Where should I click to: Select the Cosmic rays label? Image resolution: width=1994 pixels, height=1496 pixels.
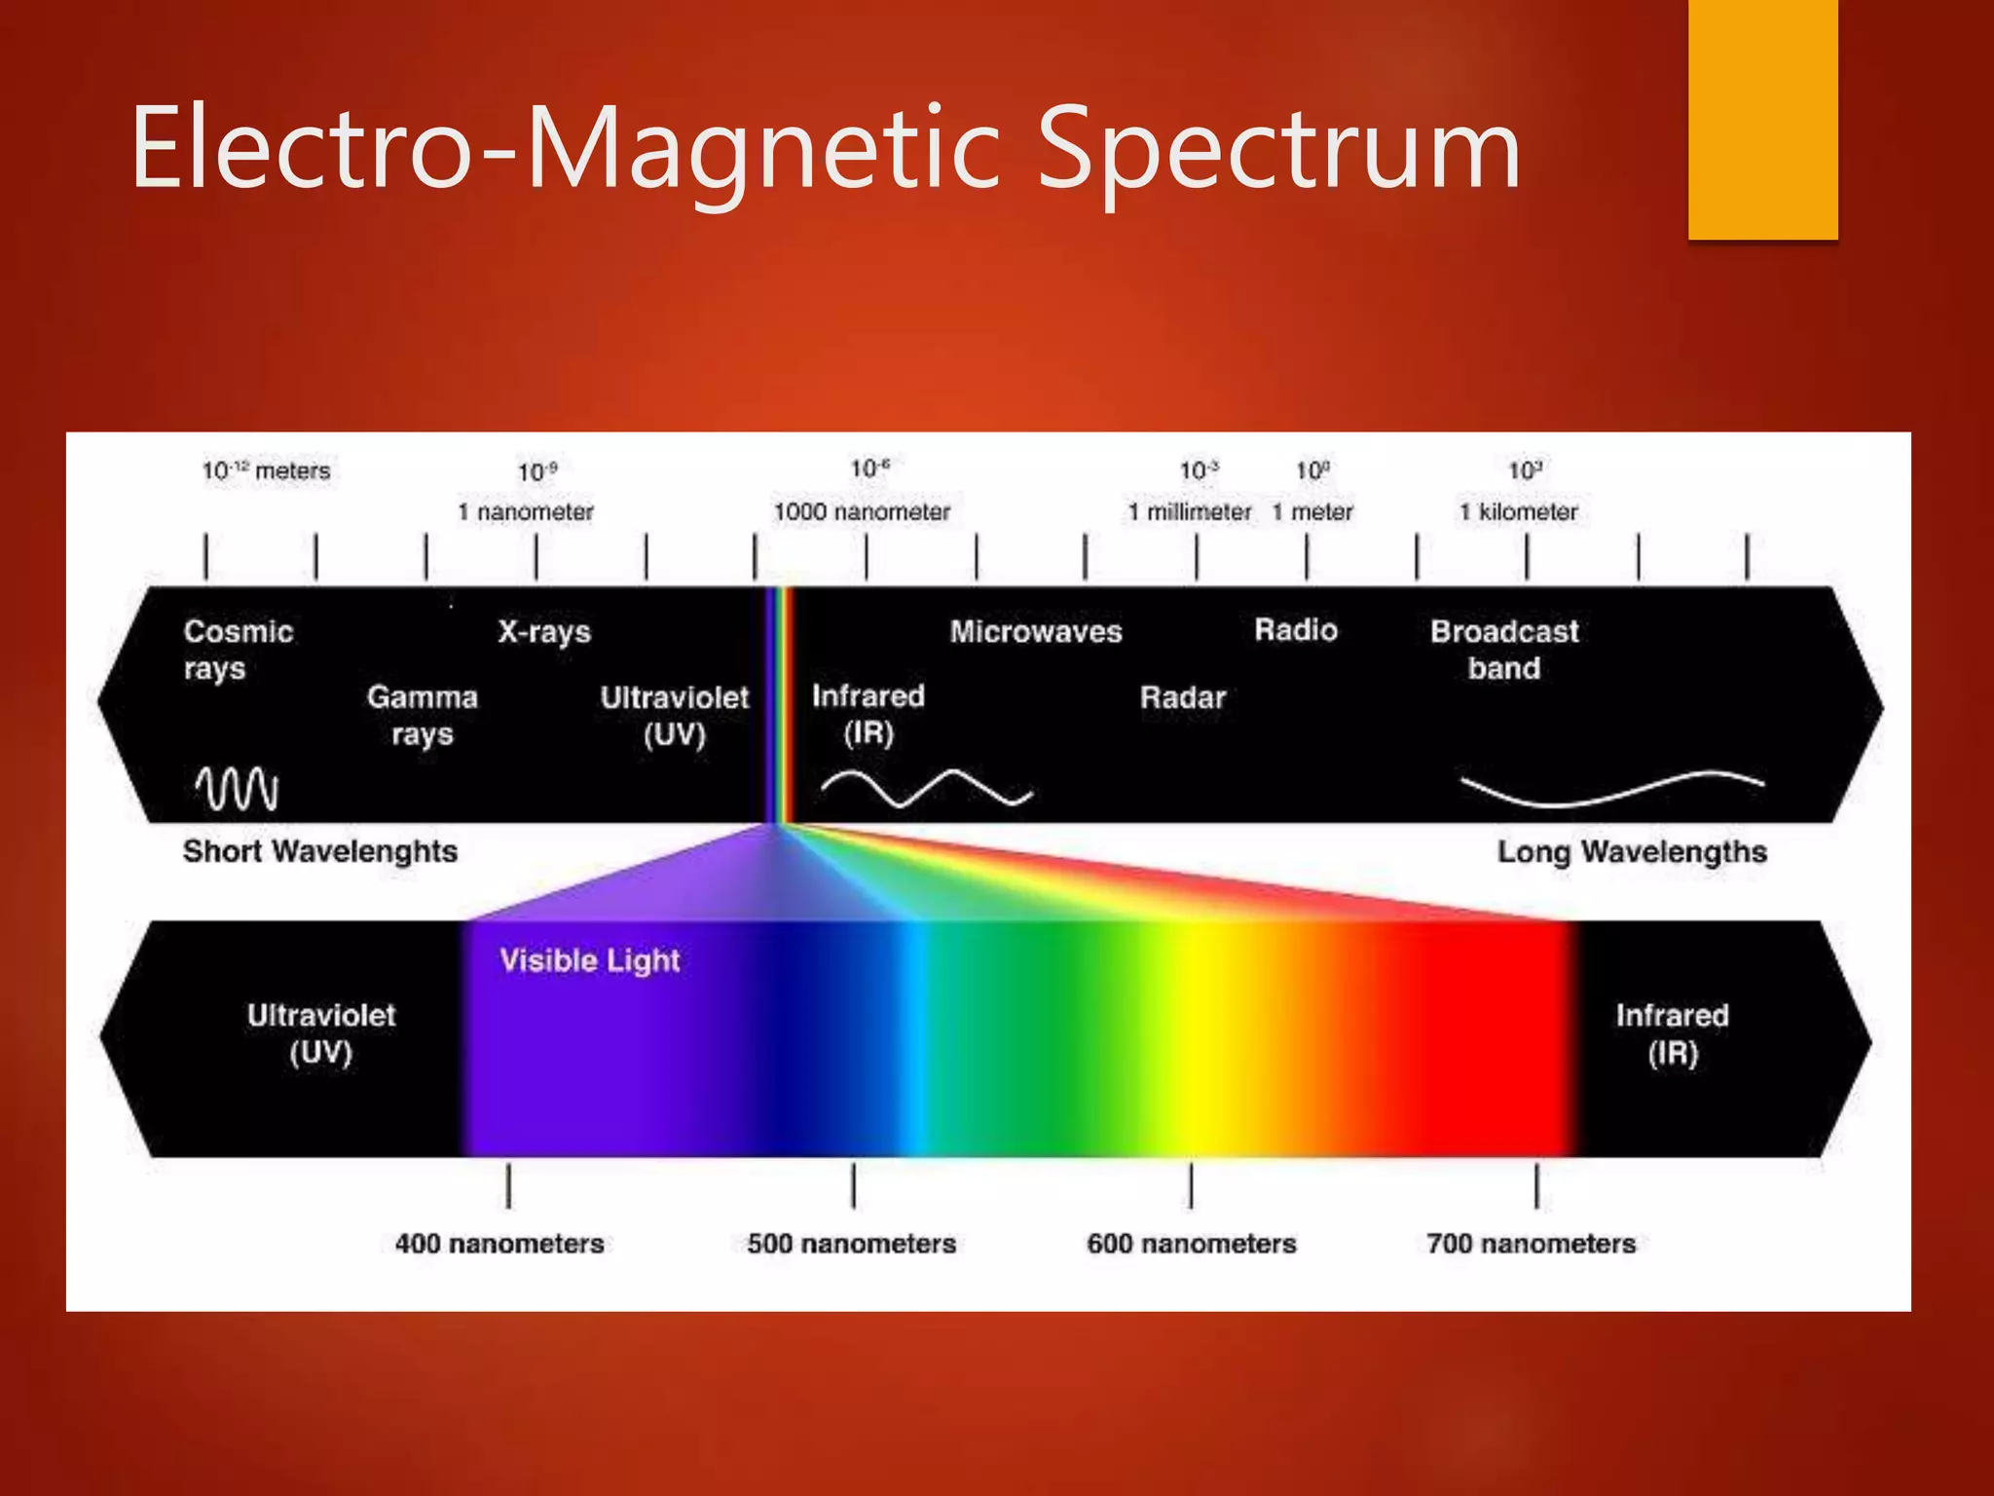pyautogui.click(x=238, y=650)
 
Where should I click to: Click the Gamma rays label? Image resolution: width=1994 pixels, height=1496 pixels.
pyautogui.click(x=422, y=715)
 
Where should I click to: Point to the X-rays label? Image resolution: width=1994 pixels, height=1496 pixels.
pyautogui.click(x=544, y=631)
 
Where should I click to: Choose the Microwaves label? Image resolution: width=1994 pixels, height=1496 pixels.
pyautogui.click(x=1036, y=631)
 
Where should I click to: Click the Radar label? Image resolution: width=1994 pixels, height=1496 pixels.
pyautogui.click(x=1182, y=697)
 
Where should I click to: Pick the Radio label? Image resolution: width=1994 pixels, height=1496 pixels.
pyautogui.click(x=1295, y=630)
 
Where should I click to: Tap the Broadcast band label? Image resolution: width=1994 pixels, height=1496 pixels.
pyautogui.click(x=1504, y=650)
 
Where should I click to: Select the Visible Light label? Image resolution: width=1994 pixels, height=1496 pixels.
pyautogui.click(x=589, y=960)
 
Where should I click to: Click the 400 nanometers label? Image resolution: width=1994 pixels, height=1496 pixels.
pyautogui.click(x=499, y=1244)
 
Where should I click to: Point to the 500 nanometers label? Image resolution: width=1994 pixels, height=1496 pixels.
pyautogui.click(x=852, y=1244)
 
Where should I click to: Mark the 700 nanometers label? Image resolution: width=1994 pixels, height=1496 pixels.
pyautogui.click(x=1531, y=1244)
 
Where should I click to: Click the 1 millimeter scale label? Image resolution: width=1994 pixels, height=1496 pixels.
pyautogui.click(x=1190, y=511)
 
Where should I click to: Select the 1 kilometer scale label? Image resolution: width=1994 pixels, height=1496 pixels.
pyautogui.click(x=1518, y=511)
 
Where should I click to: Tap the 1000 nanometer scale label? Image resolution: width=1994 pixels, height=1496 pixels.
pyautogui.click(x=862, y=511)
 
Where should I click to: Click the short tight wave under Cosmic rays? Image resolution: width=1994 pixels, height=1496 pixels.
pyautogui.click(x=237, y=789)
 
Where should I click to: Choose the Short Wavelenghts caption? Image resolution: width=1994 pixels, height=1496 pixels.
pyautogui.click(x=320, y=851)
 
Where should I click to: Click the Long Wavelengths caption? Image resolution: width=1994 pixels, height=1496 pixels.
pyautogui.click(x=1632, y=852)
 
